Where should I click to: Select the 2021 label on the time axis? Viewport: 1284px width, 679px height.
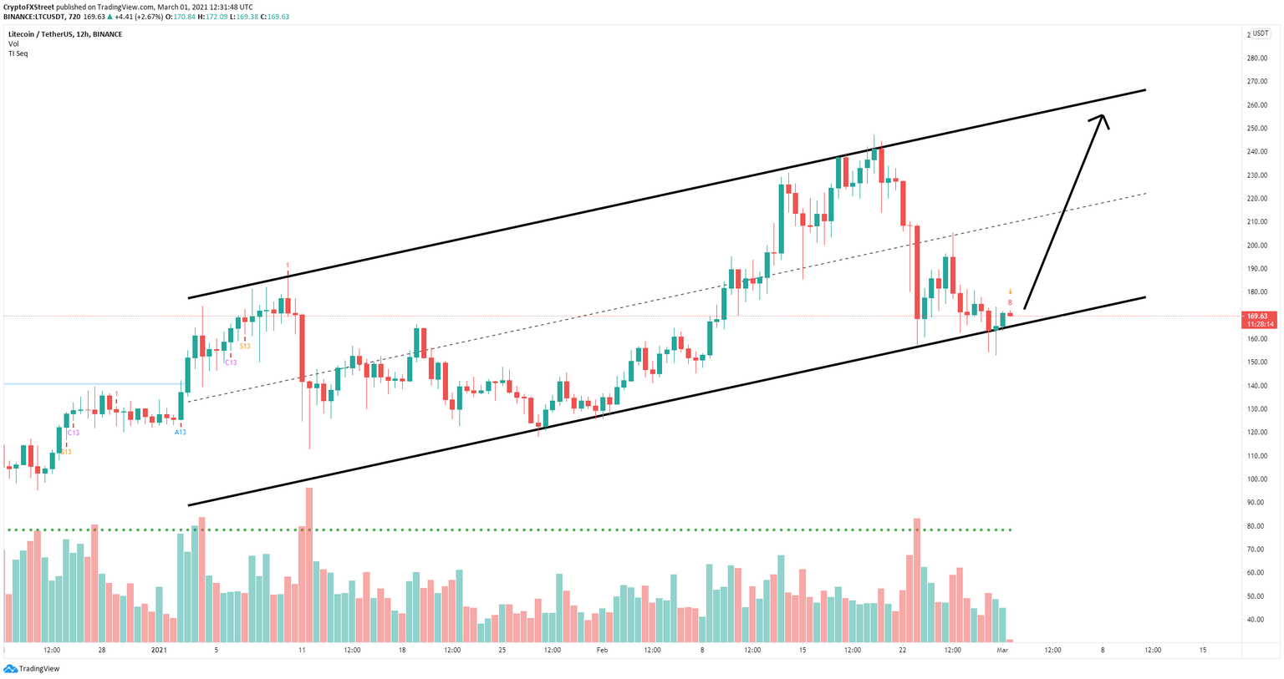160,650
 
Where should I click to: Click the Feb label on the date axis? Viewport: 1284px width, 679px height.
601,650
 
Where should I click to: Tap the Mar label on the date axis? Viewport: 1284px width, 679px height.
1003,650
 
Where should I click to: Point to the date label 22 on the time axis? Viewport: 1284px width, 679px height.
902,650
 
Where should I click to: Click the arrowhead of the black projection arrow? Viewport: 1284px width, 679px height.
1101,119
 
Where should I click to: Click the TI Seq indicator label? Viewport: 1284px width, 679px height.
18,53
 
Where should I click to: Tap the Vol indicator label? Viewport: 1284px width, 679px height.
13,43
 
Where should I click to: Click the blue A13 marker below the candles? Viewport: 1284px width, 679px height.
180,432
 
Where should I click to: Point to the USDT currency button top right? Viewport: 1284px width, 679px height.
1259,33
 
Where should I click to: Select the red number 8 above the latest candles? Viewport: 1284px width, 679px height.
1010,302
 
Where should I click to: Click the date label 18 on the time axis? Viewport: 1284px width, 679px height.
402,650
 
